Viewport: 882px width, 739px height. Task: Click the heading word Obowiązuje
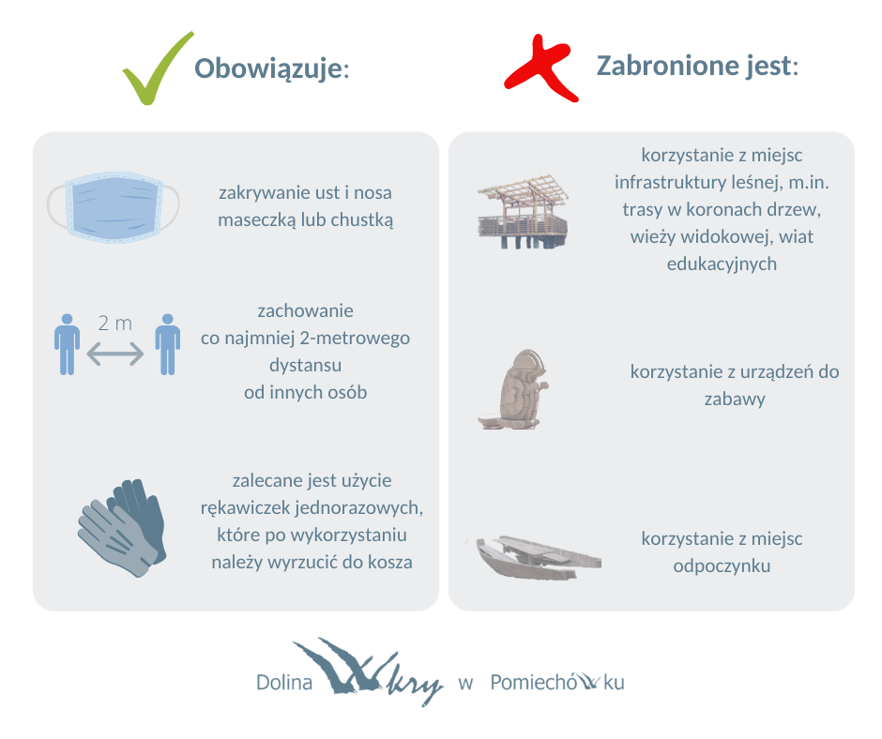268,69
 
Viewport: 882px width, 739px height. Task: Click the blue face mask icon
113,207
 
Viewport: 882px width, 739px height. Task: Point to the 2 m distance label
114,324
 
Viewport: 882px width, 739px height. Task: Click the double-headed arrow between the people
114,354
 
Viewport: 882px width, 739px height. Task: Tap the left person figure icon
67,344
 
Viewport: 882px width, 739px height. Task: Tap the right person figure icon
168,344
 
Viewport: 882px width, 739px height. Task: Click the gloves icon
122,528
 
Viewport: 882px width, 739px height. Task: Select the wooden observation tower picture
524,212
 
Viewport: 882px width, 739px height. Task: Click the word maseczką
256,219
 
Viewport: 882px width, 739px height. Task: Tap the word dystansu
306,366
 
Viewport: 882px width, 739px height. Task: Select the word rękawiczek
246,508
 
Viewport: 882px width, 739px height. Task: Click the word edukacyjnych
722,264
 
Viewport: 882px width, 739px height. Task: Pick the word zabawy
735,400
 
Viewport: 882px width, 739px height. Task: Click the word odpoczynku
722,566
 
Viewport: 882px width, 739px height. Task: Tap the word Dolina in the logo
284,682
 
